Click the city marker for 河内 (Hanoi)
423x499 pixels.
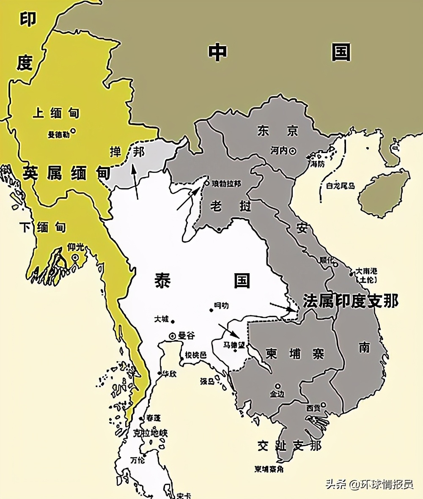(292, 151)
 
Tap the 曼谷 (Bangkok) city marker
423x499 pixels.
(173, 336)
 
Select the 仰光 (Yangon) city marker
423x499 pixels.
(75, 258)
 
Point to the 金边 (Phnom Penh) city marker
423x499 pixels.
(277, 386)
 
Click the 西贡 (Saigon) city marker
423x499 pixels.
(323, 405)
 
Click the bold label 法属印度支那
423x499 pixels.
(350, 301)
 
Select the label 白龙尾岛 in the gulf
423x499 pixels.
(340, 186)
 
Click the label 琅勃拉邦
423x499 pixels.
(226, 184)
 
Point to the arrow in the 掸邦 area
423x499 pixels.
(135, 182)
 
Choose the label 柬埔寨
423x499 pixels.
(295, 353)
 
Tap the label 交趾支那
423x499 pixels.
(289, 445)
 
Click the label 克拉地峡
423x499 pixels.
(150, 433)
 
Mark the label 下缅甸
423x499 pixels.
(43, 227)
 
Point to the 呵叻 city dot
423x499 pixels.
(211, 310)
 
